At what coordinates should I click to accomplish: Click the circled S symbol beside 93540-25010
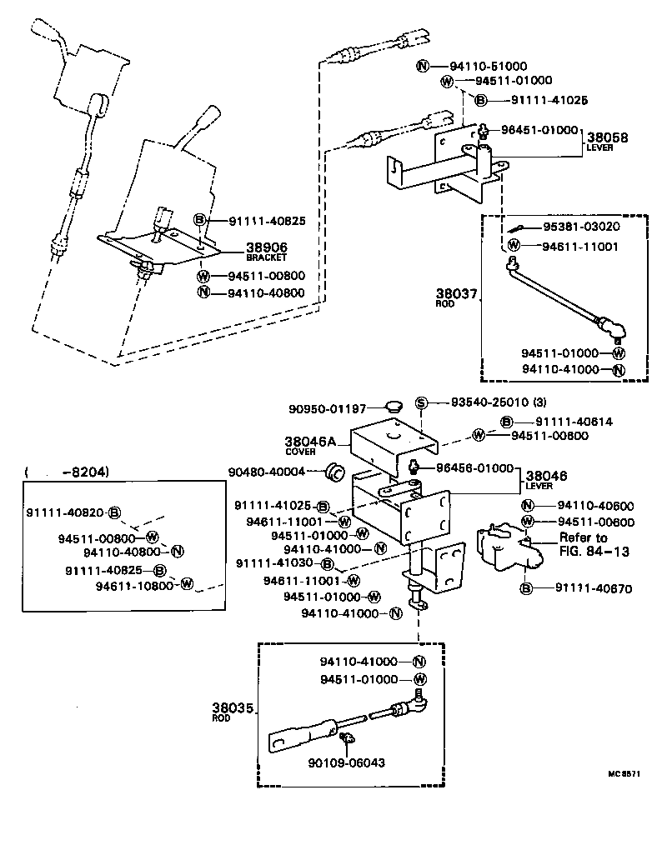tap(421, 403)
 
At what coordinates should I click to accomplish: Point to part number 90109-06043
tap(346, 762)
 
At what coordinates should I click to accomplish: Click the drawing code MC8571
tap(624, 773)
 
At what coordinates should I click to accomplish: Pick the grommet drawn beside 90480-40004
tap(335, 472)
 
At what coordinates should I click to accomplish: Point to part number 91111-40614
tap(573, 422)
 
